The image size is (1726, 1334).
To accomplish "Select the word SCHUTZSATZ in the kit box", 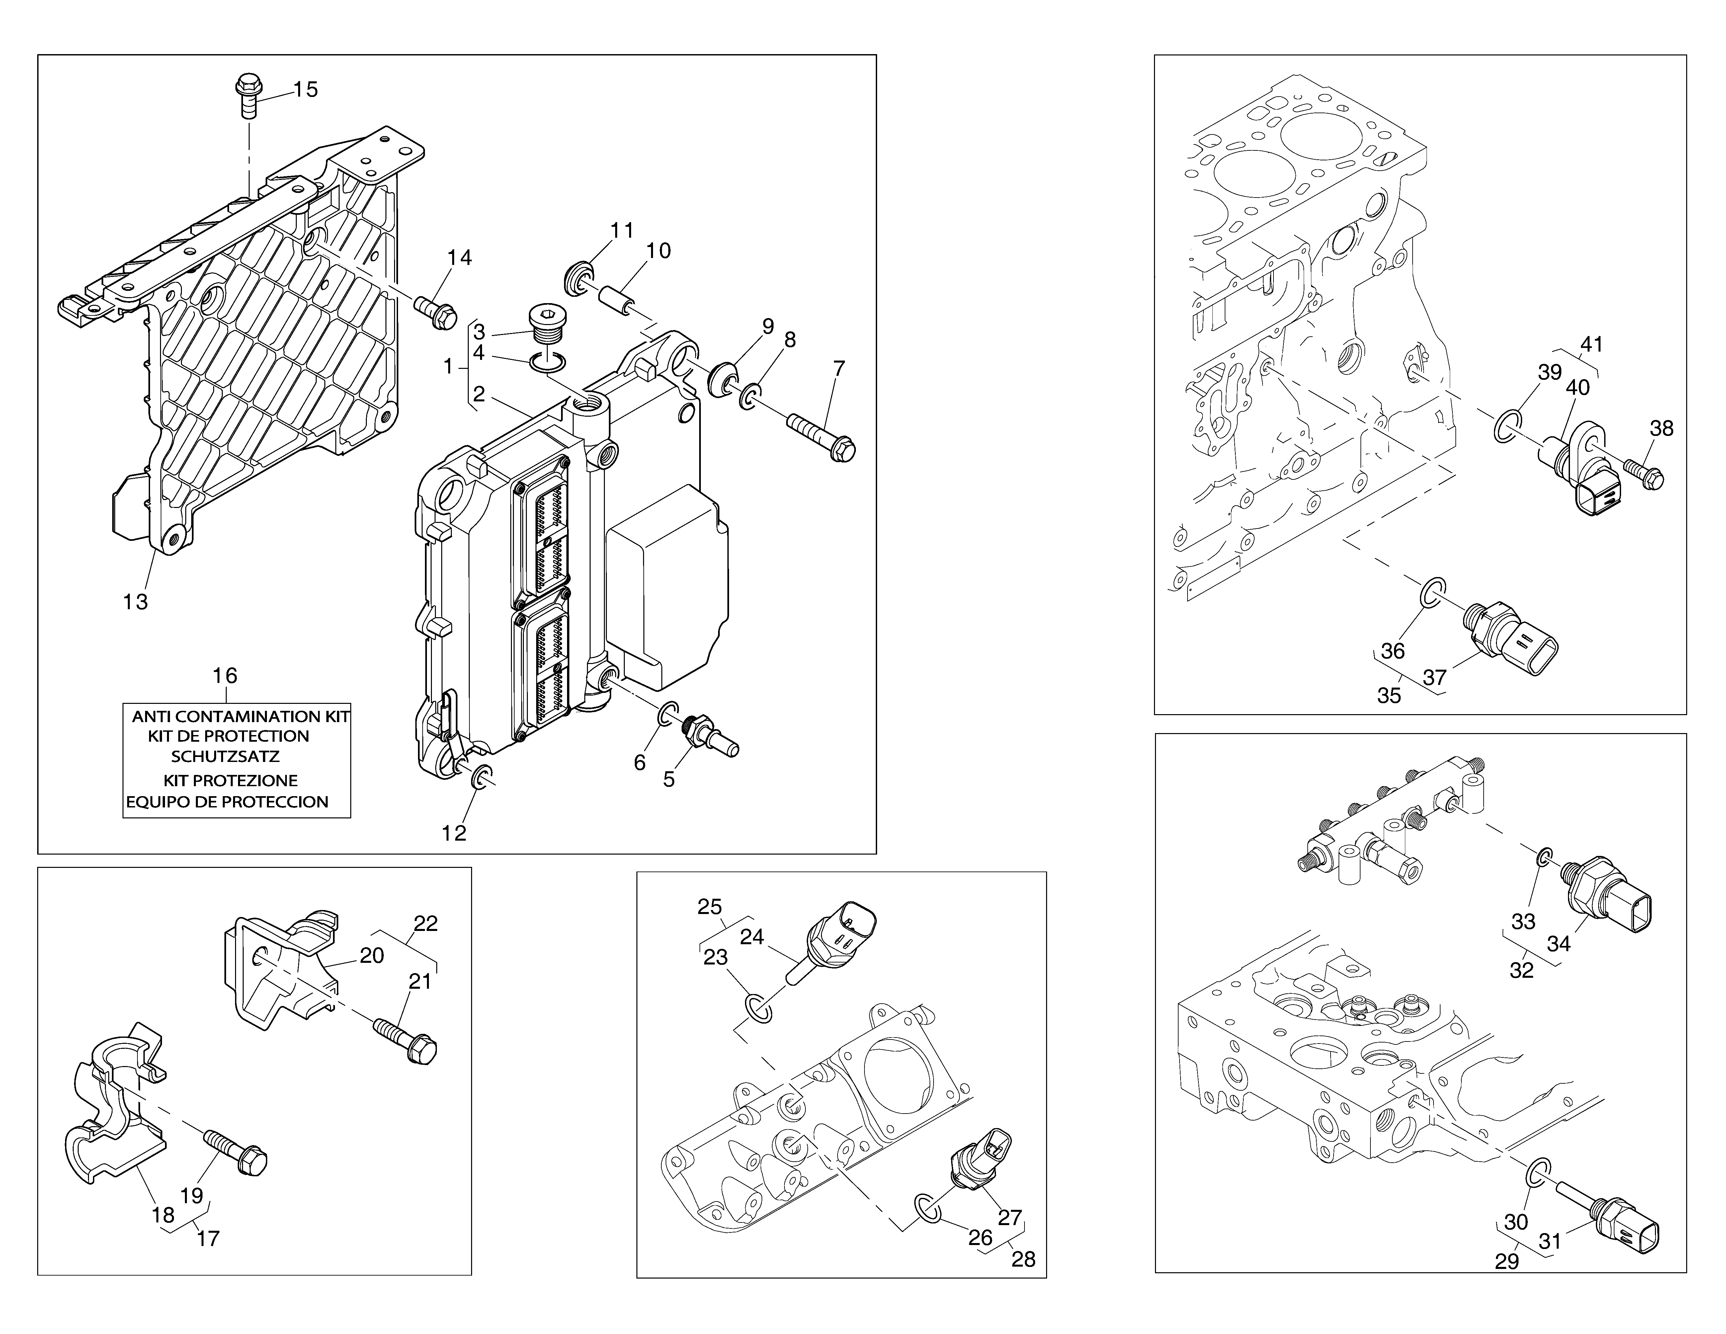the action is [x=225, y=756].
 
